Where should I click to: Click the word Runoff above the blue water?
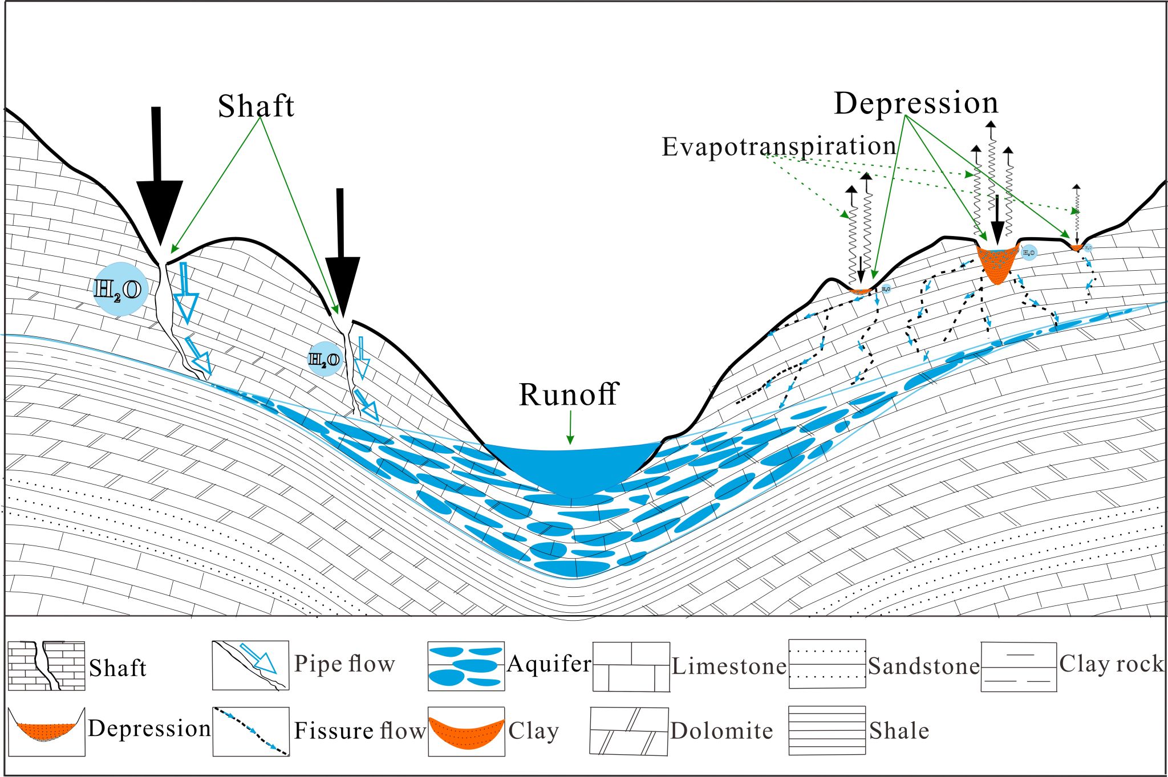point(568,394)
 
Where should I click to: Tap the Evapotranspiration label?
point(778,147)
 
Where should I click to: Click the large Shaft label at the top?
point(256,106)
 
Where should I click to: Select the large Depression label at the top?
point(916,103)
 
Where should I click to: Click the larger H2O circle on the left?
point(120,289)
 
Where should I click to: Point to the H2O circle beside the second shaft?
point(325,359)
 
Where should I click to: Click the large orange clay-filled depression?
point(997,263)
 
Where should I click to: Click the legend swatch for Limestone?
point(631,666)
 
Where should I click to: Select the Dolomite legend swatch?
point(628,731)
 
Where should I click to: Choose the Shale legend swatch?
point(827,731)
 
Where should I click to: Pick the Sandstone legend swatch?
point(827,664)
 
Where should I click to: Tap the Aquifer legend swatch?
point(466,666)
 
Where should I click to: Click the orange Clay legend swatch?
point(466,731)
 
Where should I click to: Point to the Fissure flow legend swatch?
point(250,731)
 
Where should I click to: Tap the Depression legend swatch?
point(46,731)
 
